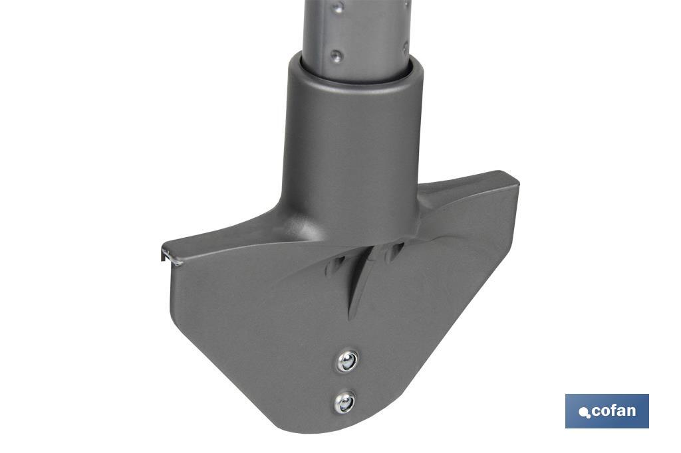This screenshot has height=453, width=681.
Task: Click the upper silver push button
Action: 347,361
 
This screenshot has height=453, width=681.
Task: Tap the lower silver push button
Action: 344,401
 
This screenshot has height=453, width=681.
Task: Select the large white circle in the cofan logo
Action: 584,412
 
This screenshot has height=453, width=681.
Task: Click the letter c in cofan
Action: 595,412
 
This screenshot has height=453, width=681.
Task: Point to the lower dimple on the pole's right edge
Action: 404,48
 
